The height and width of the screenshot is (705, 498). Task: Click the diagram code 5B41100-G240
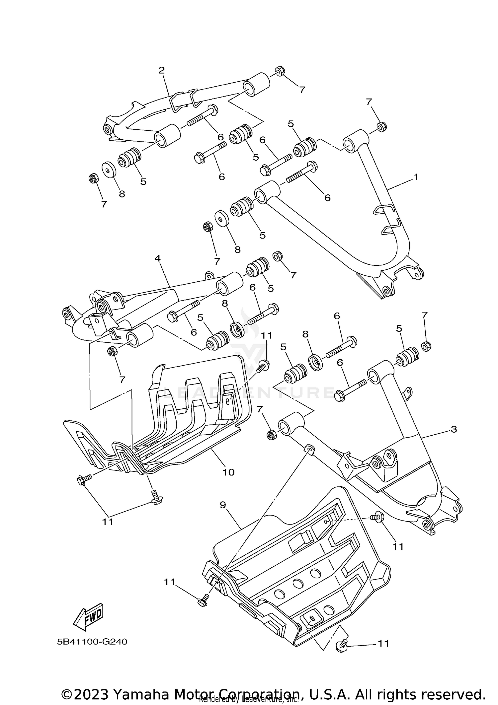pyautogui.click(x=92, y=642)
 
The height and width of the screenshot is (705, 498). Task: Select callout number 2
pyautogui.click(x=161, y=70)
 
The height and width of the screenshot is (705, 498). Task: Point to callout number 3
pyautogui.click(x=454, y=429)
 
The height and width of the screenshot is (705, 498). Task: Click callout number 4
pyautogui.click(x=157, y=258)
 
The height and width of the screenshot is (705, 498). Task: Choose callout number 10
pyautogui.click(x=228, y=472)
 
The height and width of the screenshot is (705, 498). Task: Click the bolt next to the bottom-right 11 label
pyautogui.click(x=342, y=646)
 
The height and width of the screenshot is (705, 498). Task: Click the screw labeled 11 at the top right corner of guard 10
pyautogui.click(x=264, y=366)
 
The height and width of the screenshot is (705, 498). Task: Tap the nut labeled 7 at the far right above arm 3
pyautogui.click(x=426, y=346)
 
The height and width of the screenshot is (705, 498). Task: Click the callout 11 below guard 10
pyautogui.click(x=108, y=522)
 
